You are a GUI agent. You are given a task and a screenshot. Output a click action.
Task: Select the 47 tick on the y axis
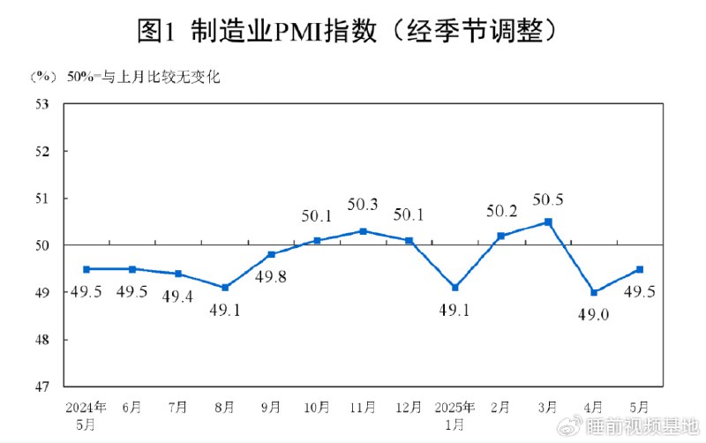pos(41,387)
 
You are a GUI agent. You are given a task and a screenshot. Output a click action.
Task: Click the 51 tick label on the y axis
pos(41,199)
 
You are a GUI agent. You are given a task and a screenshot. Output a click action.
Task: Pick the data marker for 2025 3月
pos(548,222)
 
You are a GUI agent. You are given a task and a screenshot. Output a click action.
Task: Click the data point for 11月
pos(364,231)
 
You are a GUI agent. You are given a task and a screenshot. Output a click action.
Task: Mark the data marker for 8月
pos(225,288)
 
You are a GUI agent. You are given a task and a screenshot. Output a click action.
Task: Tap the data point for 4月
pos(594,292)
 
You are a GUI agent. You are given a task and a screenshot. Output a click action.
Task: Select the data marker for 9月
pos(271,254)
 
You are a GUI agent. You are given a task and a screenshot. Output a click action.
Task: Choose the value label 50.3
pos(363,205)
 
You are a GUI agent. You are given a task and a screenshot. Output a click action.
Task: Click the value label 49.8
pos(271,277)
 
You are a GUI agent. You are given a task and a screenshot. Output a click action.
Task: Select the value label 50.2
pos(501,212)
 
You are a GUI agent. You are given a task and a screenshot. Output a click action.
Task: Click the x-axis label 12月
pos(409,407)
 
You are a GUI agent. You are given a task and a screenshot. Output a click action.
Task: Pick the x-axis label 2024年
pos(86,407)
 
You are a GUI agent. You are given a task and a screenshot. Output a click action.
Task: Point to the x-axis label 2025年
pos(455,407)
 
